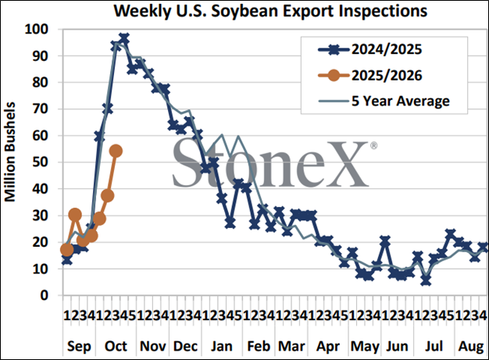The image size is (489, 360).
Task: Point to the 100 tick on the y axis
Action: pos(36,30)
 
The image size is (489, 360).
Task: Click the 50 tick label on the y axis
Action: pos(40,162)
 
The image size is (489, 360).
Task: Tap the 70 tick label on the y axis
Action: pos(40,109)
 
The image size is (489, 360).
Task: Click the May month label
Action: pos(361,344)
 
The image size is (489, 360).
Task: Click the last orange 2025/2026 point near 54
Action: pos(116,151)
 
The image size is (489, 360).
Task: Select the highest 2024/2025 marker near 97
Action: pos(124,37)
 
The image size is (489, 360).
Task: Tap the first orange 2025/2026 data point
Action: pos(66,249)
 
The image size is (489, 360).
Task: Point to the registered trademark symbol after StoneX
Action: pos(373,146)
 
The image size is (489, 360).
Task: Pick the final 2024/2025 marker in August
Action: pos(483,247)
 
